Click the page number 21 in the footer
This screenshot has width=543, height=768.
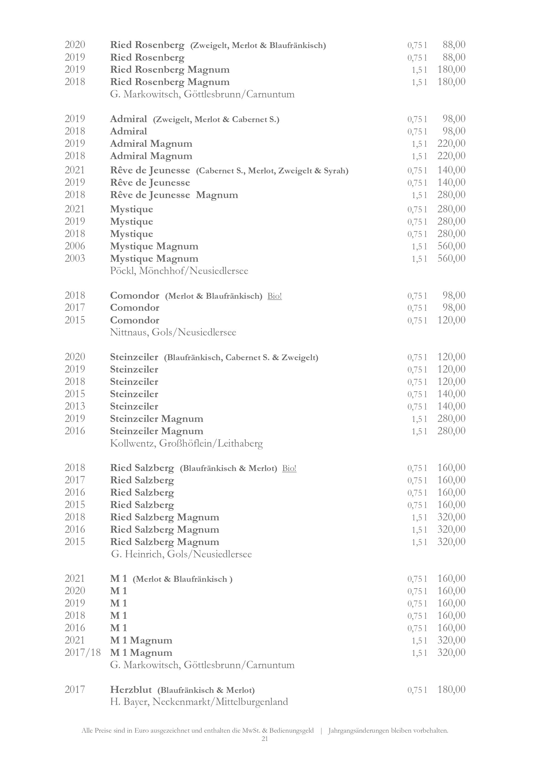click(x=264, y=739)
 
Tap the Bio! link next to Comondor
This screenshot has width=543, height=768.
click(x=275, y=296)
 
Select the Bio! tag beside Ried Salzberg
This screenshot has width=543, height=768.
click(x=289, y=468)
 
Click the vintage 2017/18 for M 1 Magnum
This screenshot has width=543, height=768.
click(x=83, y=653)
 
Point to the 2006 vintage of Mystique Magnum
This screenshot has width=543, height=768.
click(x=75, y=246)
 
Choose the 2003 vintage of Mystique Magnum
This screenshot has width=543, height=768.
click(x=75, y=259)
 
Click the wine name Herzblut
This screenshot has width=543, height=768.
click(x=131, y=690)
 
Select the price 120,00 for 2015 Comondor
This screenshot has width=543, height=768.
click(x=451, y=320)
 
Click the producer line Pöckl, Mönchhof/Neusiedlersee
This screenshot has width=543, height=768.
click(x=179, y=271)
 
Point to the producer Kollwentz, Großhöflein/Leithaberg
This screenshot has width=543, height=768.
click(x=186, y=444)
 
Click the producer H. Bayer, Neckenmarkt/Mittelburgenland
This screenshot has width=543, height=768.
click(x=199, y=702)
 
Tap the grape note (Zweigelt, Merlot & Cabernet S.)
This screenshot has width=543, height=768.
click(x=216, y=119)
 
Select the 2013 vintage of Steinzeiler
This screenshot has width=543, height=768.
click(x=75, y=406)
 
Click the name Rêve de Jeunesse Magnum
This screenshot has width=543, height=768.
click(x=174, y=195)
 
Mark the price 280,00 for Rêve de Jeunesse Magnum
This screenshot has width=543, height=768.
click(x=451, y=195)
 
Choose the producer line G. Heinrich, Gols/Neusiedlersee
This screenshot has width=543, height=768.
click(x=181, y=554)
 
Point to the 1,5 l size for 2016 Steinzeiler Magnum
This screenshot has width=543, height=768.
click(x=419, y=431)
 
